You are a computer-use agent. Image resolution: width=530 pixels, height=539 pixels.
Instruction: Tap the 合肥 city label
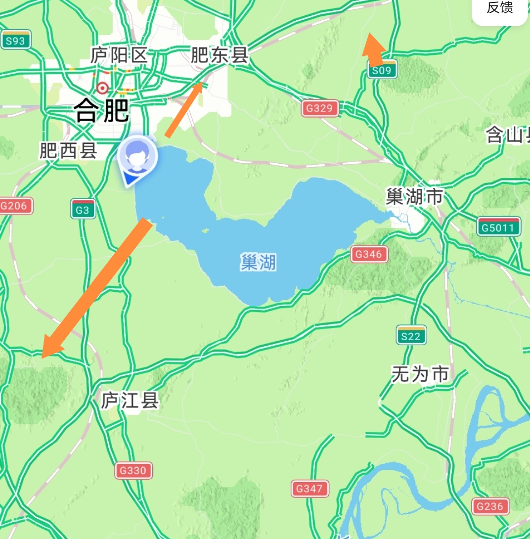tap(102, 110)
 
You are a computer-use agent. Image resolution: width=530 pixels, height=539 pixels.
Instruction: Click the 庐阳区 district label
tap(119, 55)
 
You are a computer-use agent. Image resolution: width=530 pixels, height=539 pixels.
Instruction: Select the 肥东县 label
tap(219, 55)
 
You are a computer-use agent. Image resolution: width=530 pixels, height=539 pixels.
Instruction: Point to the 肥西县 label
tap(68, 151)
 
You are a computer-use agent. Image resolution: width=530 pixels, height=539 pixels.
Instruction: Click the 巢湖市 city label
tap(414, 197)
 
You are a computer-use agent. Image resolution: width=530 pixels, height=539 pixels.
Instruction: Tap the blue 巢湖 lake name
tap(258, 262)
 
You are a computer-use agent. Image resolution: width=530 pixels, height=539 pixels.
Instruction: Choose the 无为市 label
tap(420, 374)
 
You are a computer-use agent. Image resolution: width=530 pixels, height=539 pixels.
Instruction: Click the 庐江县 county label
tap(130, 400)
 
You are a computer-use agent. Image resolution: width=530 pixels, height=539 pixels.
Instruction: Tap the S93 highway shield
tap(16, 40)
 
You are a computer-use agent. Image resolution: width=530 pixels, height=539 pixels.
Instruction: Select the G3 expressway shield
tap(83, 210)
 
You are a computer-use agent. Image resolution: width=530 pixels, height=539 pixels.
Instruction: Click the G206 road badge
tap(15, 206)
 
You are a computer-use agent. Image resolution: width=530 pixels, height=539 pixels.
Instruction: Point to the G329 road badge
tap(320, 108)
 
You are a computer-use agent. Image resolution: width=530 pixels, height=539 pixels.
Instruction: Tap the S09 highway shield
tap(382, 70)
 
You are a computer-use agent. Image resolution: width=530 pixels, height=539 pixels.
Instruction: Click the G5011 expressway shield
tap(498, 227)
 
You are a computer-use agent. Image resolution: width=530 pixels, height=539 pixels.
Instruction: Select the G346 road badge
tap(369, 255)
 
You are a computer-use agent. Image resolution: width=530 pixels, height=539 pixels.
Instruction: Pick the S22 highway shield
tap(411, 335)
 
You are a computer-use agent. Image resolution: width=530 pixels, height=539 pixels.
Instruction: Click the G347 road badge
tap(309, 489)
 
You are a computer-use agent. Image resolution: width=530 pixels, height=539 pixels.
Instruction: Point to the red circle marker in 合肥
tap(102, 88)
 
